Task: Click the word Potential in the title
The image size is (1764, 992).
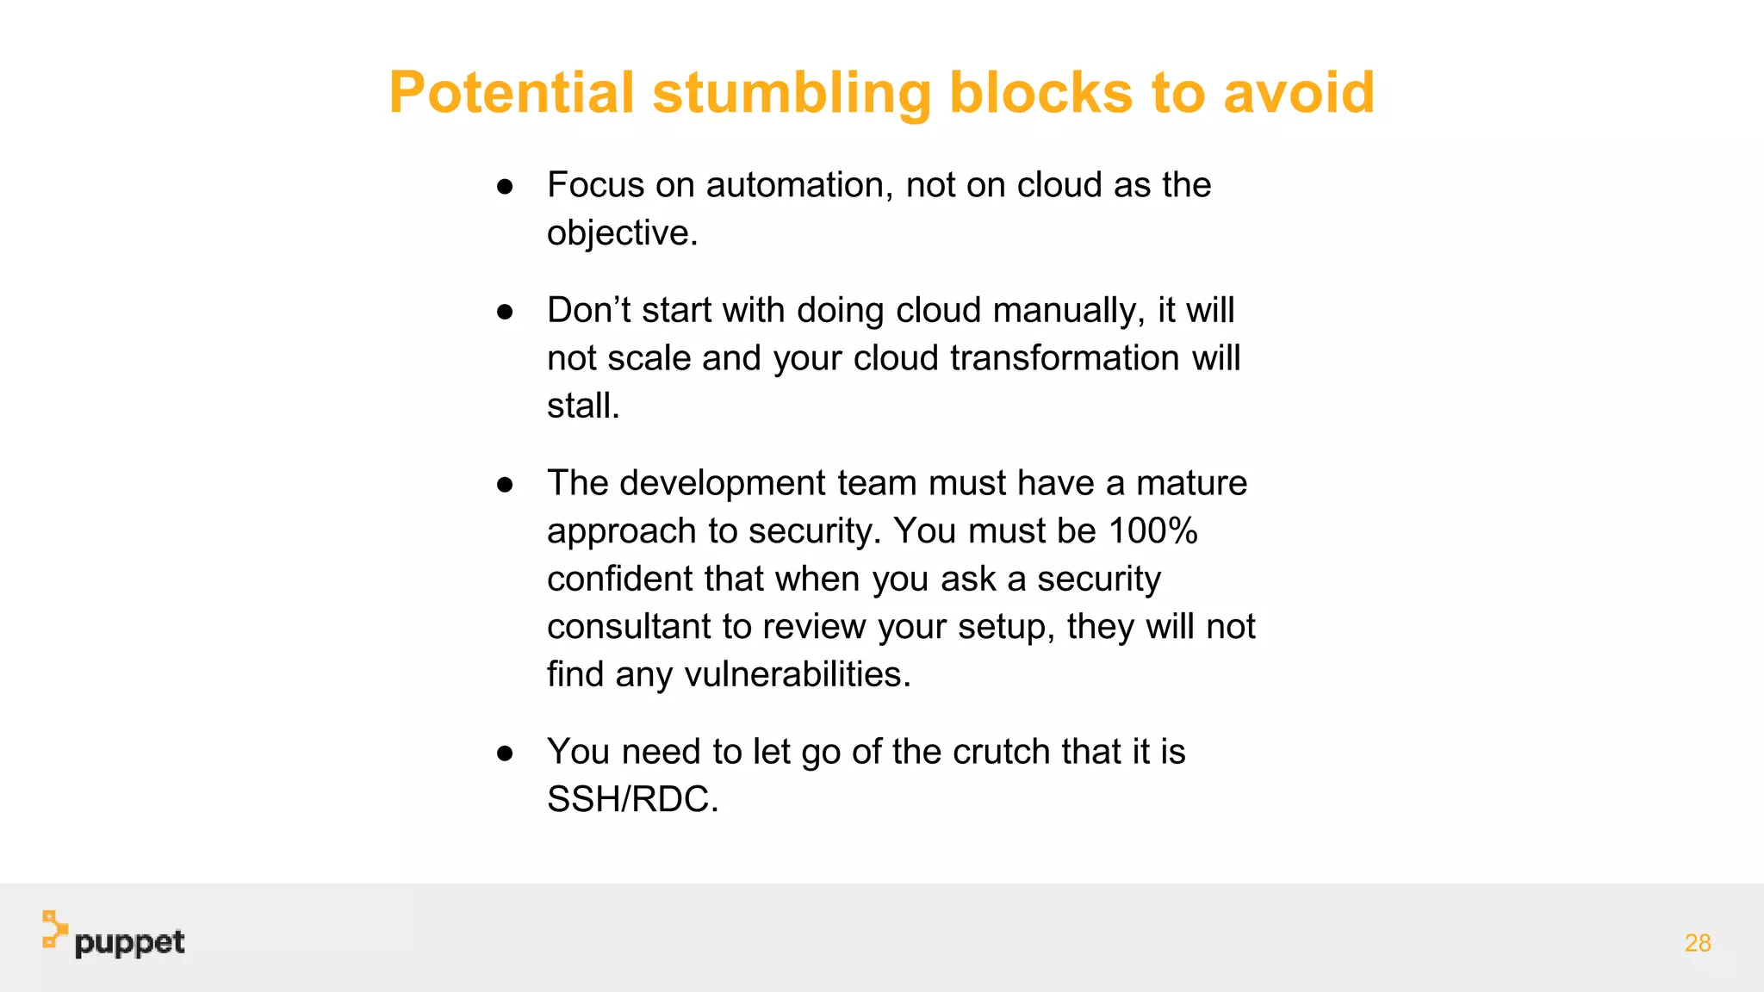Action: tap(512, 92)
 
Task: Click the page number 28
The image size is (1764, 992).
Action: tap(1697, 943)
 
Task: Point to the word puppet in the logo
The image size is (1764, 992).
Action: tap(129, 944)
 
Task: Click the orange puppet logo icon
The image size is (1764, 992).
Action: tap(54, 930)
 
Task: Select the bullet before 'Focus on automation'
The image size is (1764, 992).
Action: tap(505, 186)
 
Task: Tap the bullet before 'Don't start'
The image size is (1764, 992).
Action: tap(505, 312)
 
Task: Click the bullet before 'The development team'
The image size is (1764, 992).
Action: tap(505, 485)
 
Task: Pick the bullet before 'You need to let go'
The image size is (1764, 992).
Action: tap(505, 753)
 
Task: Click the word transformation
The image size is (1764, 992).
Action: tap(1065, 358)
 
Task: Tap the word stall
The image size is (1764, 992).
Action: tap(581, 406)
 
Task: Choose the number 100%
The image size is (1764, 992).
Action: tap(1152, 531)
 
